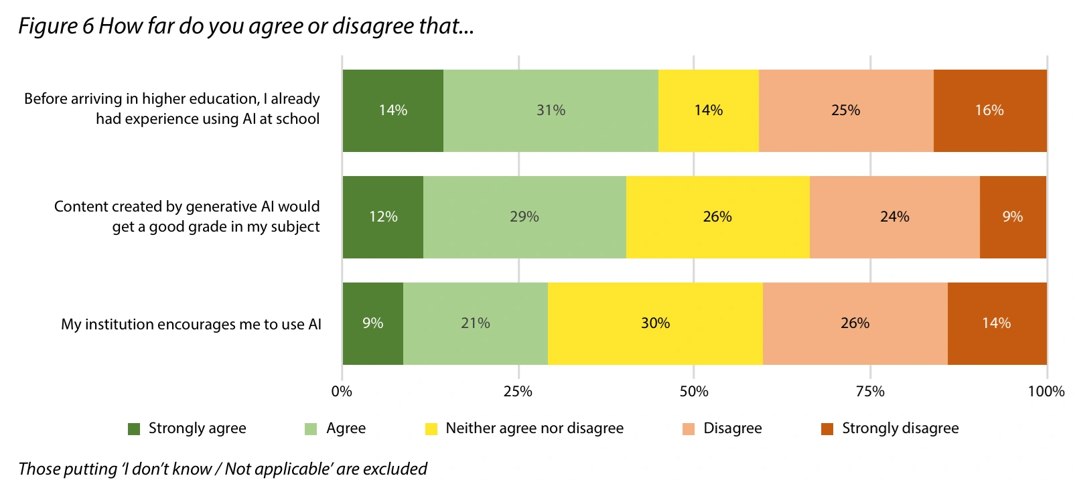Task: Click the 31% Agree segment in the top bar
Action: tap(551, 110)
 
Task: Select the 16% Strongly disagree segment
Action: tap(989, 110)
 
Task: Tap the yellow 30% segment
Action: tap(655, 323)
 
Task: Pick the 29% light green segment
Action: tap(524, 217)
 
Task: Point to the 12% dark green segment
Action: tap(383, 217)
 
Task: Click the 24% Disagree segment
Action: tap(894, 217)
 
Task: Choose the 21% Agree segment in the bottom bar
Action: tap(476, 323)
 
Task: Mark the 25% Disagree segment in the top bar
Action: tap(845, 110)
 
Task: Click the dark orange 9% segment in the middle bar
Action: tap(1012, 217)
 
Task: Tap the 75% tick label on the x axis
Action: tap(870, 392)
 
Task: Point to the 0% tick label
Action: tap(342, 392)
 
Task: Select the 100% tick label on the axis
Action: tap(1046, 392)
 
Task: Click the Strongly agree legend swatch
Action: tap(134, 429)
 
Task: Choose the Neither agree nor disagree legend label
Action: tap(534, 428)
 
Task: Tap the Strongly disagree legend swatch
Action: tap(827, 429)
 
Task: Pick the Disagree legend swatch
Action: tap(689, 429)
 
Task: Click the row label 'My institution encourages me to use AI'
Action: tap(191, 325)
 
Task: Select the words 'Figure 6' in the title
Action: tap(56, 26)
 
